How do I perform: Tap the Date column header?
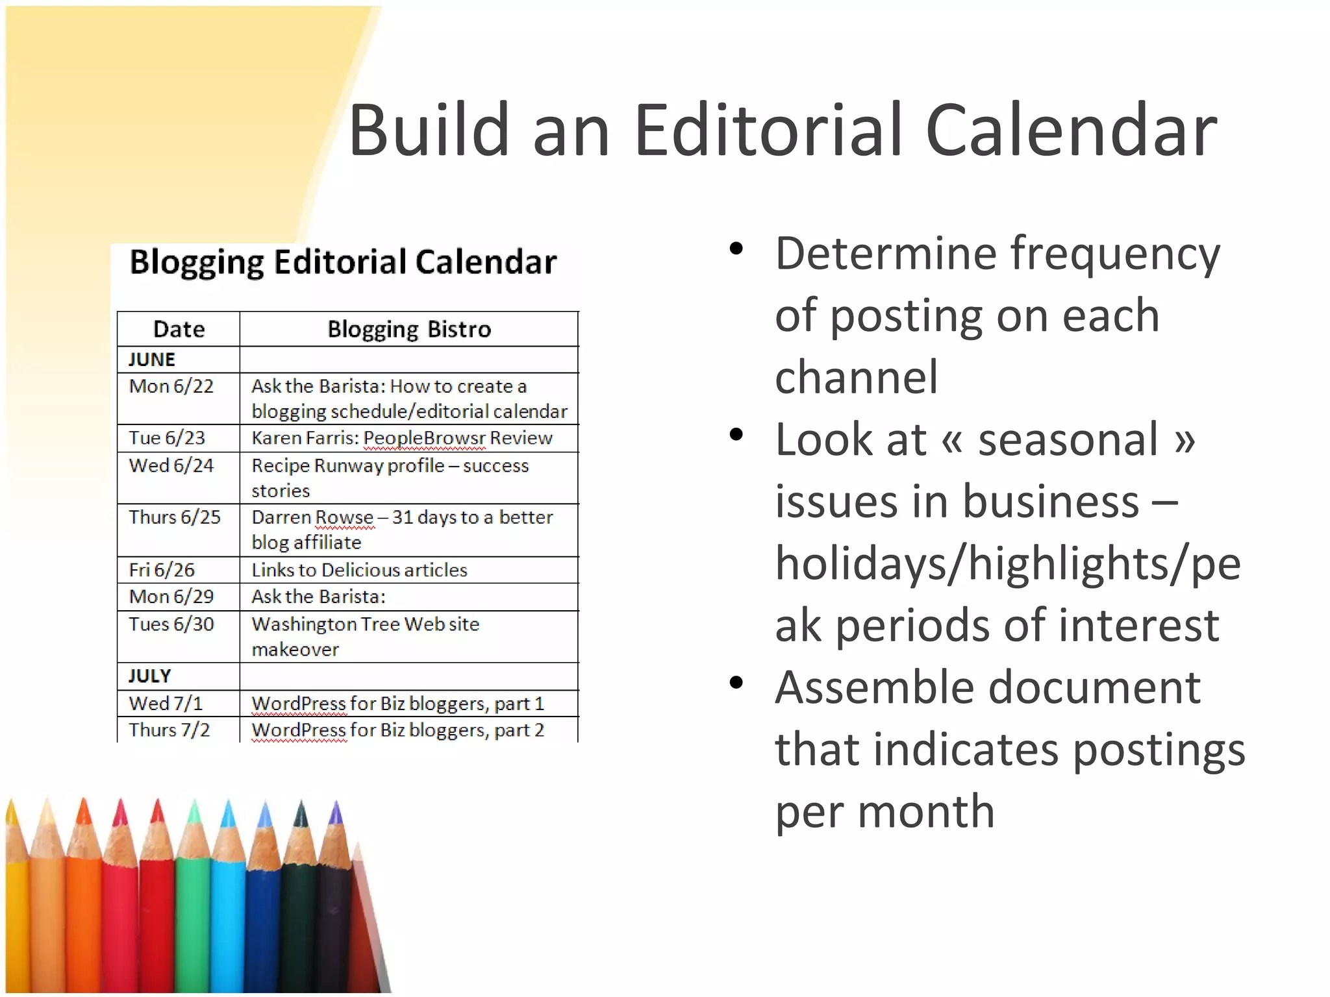pos(179,329)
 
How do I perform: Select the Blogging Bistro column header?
pos(408,329)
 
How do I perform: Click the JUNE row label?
pos(151,360)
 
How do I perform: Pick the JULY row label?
pos(149,676)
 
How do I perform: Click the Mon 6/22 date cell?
pos(171,386)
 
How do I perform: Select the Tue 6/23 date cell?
pos(166,438)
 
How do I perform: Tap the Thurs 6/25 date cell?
pos(174,517)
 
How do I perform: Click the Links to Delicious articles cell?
pos(359,570)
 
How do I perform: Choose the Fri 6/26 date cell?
pos(161,570)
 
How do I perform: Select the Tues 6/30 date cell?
pos(171,624)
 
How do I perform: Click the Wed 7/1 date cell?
pos(166,704)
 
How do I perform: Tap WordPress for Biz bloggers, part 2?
pos(397,730)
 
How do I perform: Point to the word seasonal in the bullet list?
pos(1068,440)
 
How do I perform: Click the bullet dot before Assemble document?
pos(736,683)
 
